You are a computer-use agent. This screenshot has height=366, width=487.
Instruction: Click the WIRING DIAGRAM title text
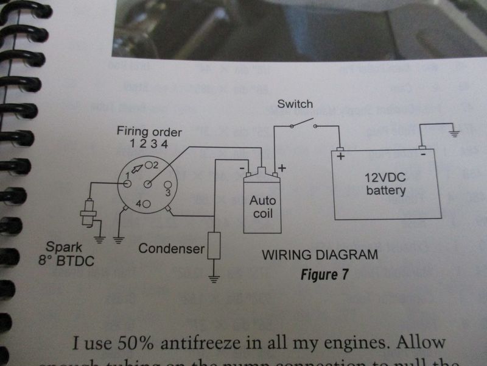pos(320,254)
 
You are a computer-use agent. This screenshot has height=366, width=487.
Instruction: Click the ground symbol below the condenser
pos(214,279)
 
